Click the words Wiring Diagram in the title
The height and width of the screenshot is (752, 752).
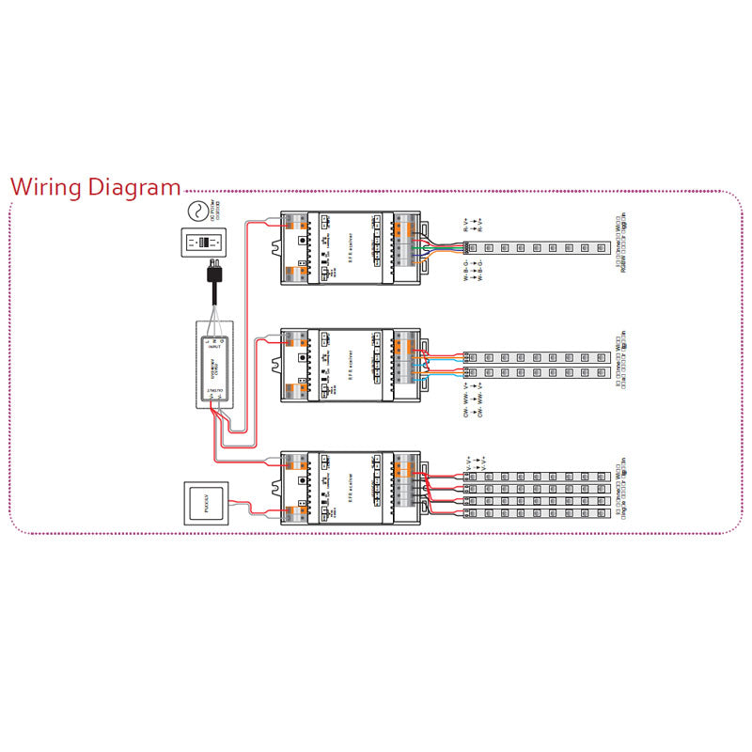click(x=95, y=186)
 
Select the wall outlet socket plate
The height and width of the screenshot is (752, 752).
click(x=204, y=241)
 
